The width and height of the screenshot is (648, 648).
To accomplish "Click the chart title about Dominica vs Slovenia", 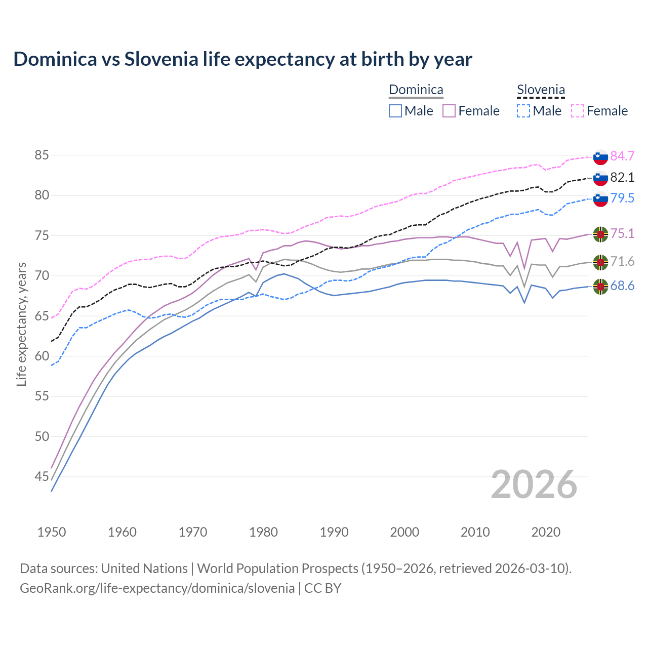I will click(x=242, y=59).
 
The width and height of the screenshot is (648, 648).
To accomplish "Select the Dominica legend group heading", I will click(x=416, y=90).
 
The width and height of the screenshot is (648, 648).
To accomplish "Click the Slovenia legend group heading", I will click(x=541, y=90).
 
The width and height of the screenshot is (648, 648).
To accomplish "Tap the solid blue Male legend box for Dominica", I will click(x=395, y=111).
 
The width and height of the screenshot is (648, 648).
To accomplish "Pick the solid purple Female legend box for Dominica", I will click(x=449, y=111).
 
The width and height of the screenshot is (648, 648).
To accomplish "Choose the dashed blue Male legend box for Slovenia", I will click(x=523, y=111).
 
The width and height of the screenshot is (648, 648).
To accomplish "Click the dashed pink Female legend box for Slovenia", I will click(x=577, y=111).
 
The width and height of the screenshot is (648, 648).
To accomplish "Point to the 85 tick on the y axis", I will click(x=42, y=155).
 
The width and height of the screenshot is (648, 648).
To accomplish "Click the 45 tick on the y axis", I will click(x=42, y=477).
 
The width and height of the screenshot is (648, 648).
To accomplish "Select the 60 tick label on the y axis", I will click(x=42, y=356).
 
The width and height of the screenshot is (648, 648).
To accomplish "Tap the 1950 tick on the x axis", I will click(x=52, y=532).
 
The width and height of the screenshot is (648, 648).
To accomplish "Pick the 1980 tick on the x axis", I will click(x=263, y=532).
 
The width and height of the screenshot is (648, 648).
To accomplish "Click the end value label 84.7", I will click(x=622, y=156).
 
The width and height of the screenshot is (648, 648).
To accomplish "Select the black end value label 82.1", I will click(x=622, y=178).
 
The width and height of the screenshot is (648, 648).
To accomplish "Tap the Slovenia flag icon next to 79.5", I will click(x=600, y=199).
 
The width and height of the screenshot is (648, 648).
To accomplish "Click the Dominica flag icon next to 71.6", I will click(x=600, y=262).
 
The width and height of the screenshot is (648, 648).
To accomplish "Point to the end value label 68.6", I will click(x=622, y=287).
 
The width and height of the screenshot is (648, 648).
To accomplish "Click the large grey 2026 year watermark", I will click(x=534, y=485).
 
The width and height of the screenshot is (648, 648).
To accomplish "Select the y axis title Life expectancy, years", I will click(x=21, y=325).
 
